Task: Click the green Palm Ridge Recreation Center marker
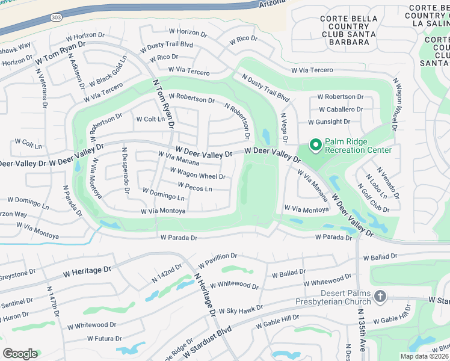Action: [x=315, y=145]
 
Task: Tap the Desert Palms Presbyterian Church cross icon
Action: [x=380, y=296]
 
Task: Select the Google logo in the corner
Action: [x=20, y=354]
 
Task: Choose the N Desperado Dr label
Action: [x=125, y=171]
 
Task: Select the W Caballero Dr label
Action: [x=341, y=110]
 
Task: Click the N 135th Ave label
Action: [x=361, y=332]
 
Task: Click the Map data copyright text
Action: [x=423, y=356]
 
